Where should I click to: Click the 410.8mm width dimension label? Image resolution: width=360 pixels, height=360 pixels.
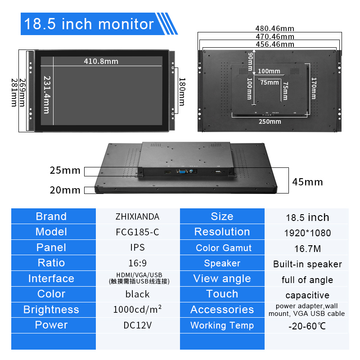(x=101, y=61)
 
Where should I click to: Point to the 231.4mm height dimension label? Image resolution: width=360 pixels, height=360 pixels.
(x=47, y=95)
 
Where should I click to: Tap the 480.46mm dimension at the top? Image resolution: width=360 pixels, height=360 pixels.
(x=275, y=28)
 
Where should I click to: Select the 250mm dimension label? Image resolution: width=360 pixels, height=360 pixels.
(x=270, y=121)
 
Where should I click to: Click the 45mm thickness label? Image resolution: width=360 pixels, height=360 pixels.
(x=308, y=182)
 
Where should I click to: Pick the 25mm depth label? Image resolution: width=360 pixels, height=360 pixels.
(x=65, y=171)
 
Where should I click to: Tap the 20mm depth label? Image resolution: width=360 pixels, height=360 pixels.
(x=65, y=190)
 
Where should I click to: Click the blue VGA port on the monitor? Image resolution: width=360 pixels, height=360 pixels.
(x=183, y=171)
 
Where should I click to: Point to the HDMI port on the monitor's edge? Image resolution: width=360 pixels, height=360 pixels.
(x=168, y=172)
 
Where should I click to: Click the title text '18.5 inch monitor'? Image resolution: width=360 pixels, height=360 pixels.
(x=89, y=24)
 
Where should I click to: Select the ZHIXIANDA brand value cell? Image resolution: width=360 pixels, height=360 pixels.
(x=137, y=216)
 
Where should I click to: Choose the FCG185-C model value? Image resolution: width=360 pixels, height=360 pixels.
(x=137, y=232)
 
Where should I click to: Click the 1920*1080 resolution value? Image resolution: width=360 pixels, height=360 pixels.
(x=308, y=233)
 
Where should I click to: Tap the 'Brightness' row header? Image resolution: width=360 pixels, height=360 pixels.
(x=51, y=310)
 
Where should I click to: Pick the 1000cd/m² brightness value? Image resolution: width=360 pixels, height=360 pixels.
(x=137, y=309)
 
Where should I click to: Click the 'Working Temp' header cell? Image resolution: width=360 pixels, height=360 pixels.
(x=222, y=325)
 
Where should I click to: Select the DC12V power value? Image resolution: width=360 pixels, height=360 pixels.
(x=138, y=325)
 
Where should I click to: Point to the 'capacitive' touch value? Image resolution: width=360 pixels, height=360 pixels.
(x=307, y=295)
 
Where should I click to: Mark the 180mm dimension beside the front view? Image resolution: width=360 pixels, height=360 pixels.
(x=182, y=92)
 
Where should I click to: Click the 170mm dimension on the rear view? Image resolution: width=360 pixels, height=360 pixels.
(x=314, y=88)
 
